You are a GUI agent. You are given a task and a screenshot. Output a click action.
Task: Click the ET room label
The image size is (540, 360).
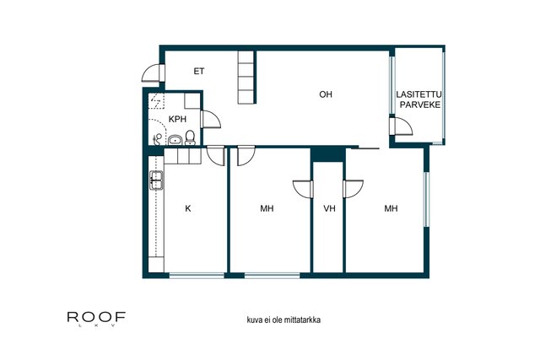coord(199,72)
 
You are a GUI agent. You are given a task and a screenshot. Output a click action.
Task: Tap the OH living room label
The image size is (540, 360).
coord(326,94)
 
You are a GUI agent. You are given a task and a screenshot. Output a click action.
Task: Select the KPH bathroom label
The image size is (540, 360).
coord(177,119)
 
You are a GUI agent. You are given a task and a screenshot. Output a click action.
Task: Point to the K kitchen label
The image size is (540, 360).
coord(188,208)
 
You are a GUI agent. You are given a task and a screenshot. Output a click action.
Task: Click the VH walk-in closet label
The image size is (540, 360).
coord(329,208)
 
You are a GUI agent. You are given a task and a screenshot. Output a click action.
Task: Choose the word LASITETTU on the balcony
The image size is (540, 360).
coord(418,94)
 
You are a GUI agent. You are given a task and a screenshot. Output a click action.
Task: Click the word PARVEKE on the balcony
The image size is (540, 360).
coord(420,105)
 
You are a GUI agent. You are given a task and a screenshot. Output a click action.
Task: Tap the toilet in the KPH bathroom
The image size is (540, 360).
coord(190,137)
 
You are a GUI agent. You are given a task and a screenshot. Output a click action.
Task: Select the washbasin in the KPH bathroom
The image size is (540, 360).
coord(175,140)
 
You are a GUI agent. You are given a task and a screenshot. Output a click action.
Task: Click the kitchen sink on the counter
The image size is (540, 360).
coord(156,180)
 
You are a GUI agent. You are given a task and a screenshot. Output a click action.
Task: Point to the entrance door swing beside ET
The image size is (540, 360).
coord(151,73)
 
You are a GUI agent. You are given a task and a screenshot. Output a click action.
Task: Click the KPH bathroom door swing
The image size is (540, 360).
coord(210,119)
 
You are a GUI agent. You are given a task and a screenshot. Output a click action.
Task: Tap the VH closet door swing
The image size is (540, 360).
coord(302,190)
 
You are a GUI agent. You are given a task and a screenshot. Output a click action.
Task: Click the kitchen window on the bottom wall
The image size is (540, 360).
coord(197,276)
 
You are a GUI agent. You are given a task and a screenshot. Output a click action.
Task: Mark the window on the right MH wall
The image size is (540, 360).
coord(426,199)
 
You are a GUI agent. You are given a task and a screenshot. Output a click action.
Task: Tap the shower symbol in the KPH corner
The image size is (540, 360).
coord(157,100)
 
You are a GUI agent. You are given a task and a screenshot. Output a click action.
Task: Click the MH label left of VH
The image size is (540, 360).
coord(267,208)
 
